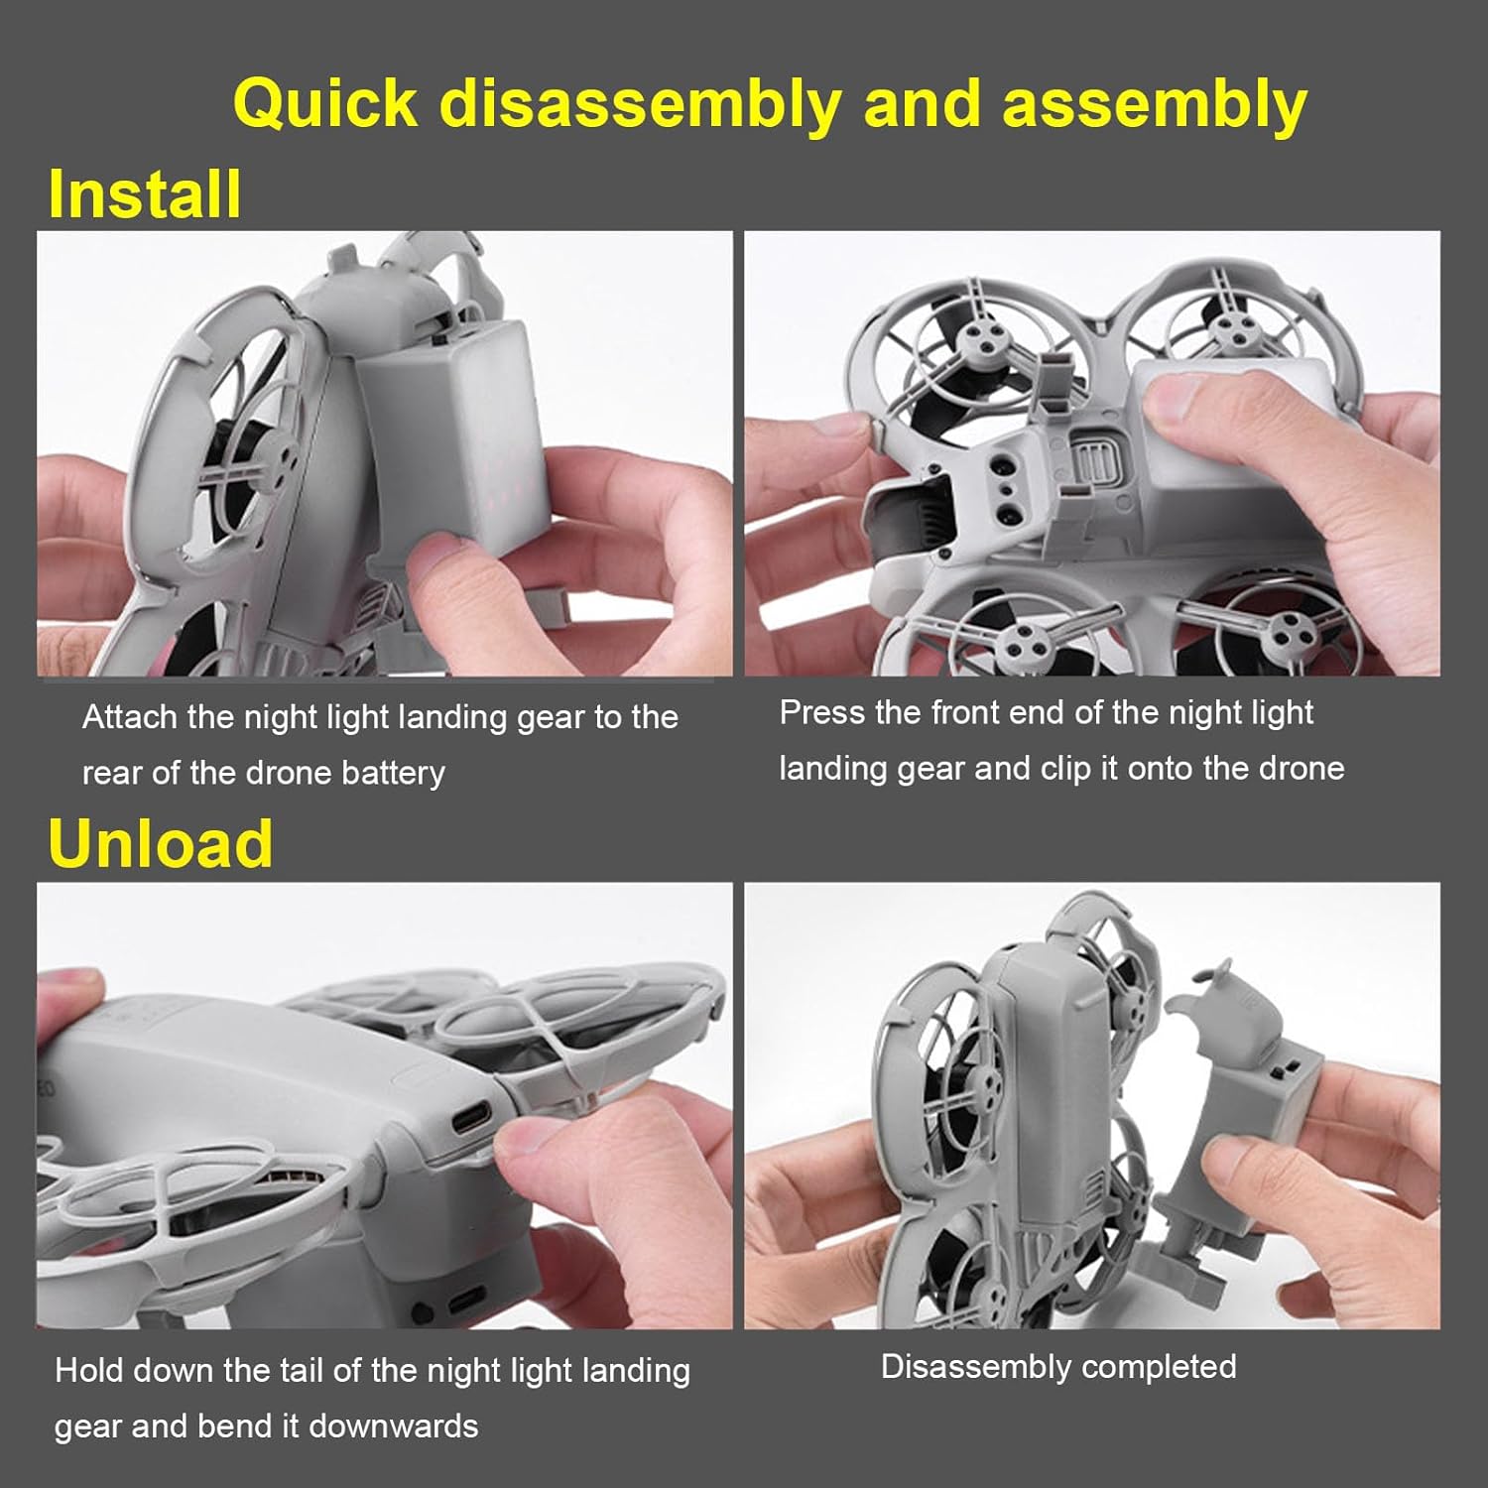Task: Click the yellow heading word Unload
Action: click(160, 843)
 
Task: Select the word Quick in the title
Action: click(325, 104)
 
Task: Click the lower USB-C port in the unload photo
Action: click(466, 1300)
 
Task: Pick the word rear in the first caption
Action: click(114, 773)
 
